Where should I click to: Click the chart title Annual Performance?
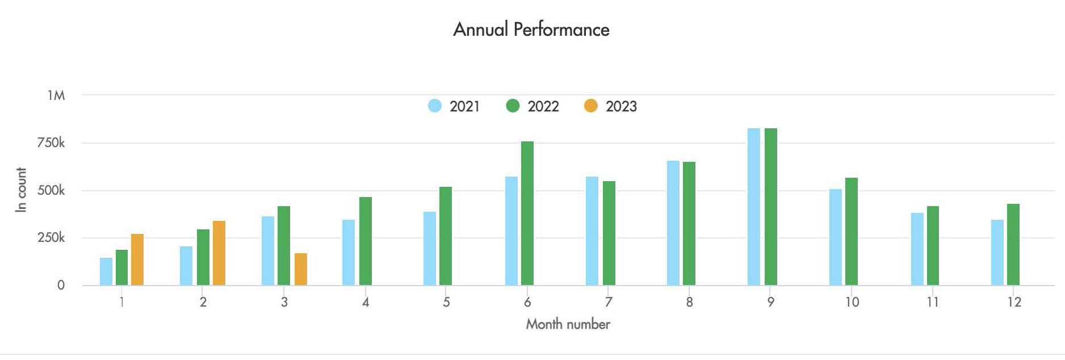(x=531, y=30)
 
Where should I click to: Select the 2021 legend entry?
(x=454, y=106)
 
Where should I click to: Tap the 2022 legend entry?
(x=532, y=106)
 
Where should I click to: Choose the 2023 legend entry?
(x=611, y=106)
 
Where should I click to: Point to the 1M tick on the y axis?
(x=56, y=95)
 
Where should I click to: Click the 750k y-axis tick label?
(x=51, y=143)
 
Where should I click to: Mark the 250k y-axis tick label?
(x=51, y=238)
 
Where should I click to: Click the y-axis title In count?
(x=21, y=190)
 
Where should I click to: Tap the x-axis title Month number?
(x=568, y=324)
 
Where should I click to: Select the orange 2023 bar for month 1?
(x=137, y=259)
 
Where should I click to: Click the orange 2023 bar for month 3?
(x=301, y=269)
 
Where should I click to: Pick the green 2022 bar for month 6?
(x=527, y=213)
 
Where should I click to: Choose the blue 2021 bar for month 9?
(x=754, y=207)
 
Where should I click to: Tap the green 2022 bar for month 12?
(x=1013, y=244)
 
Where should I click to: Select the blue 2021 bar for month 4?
(x=349, y=252)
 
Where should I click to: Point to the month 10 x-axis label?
(x=852, y=302)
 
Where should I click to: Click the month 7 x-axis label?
(x=609, y=302)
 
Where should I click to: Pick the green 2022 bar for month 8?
(x=689, y=223)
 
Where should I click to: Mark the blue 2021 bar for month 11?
(x=917, y=249)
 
